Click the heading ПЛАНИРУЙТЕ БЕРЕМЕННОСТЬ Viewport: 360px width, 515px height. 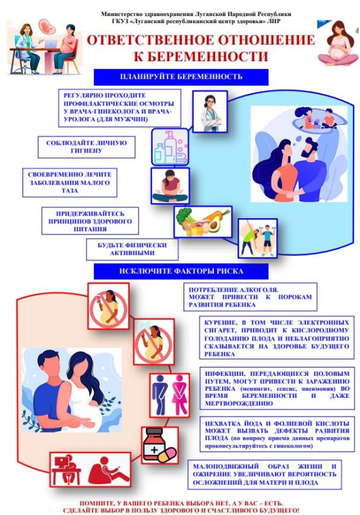[181, 77]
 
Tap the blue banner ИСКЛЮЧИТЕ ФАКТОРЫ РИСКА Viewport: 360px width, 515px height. [181, 271]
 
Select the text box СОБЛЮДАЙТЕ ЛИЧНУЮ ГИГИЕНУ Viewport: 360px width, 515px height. [86, 147]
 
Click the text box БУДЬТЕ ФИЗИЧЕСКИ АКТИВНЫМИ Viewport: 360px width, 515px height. [132, 249]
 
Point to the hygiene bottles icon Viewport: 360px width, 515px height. [170, 147]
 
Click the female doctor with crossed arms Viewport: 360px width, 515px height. [210, 111]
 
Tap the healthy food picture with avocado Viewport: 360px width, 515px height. [203, 221]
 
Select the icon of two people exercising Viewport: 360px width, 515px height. [258, 238]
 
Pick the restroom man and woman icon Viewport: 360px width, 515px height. [170, 395]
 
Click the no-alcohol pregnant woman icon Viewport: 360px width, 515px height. [108, 306]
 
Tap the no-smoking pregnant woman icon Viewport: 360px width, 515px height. [154, 342]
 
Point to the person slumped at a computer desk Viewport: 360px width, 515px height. [67, 469]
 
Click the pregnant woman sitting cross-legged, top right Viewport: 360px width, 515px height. [337, 43]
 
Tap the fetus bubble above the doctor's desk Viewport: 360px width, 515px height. [47, 26]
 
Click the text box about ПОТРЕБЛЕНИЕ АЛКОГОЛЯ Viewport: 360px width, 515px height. [251, 297]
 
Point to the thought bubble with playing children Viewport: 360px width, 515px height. [319, 118]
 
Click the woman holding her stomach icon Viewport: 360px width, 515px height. [170, 186]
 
